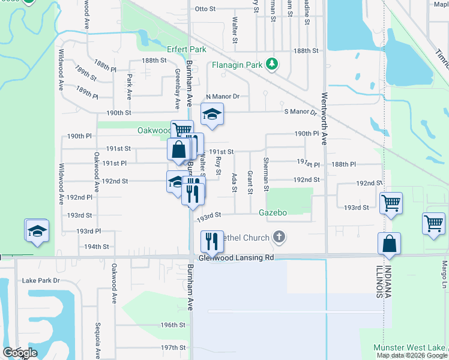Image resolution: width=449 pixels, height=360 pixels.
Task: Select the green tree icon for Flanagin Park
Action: (272, 64)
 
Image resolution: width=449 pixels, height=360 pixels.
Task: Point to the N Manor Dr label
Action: (223, 96)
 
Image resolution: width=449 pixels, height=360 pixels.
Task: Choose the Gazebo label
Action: (273, 212)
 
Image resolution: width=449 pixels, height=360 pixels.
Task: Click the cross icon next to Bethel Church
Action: (279, 238)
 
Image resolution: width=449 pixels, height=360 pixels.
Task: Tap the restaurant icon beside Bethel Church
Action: (212, 241)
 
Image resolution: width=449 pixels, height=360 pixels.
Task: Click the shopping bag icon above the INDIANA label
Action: (389, 244)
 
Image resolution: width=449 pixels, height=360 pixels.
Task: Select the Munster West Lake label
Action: (411, 348)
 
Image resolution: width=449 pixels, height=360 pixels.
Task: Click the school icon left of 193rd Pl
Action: (37, 230)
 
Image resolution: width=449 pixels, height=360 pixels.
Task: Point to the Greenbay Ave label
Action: (177, 89)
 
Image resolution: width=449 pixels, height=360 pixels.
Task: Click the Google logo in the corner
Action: (19, 353)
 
